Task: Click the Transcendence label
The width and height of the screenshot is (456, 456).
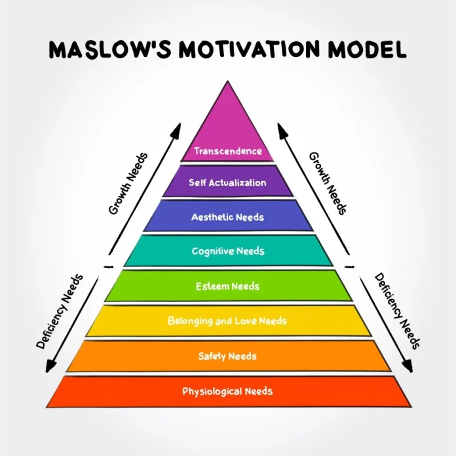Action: pyautogui.click(x=227, y=151)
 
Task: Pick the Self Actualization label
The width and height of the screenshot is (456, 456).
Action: pyautogui.click(x=227, y=183)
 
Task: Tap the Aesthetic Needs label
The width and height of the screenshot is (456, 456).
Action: pyautogui.click(x=227, y=217)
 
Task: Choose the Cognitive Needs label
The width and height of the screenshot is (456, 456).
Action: pyautogui.click(x=227, y=251)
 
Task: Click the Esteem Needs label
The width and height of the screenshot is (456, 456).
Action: pyautogui.click(x=227, y=286)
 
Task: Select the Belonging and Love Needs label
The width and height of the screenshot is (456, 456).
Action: pyautogui.click(x=227, y=321)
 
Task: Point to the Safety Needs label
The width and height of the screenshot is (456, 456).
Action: pyautogui.click(x=227, y=356)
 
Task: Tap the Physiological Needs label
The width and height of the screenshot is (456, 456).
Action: pyautogui.click(x=227, y=391)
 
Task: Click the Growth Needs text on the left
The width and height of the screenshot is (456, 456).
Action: pyautogui.click(x=128, y=184)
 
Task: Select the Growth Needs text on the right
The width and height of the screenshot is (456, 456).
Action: pyautogui.click(x=328, y=184)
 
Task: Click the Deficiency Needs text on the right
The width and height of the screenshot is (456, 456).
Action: pyautogui.click(x=397, y=311)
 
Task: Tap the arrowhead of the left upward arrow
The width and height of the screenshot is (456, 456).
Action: pyautogui.click(x=175, y=129)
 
